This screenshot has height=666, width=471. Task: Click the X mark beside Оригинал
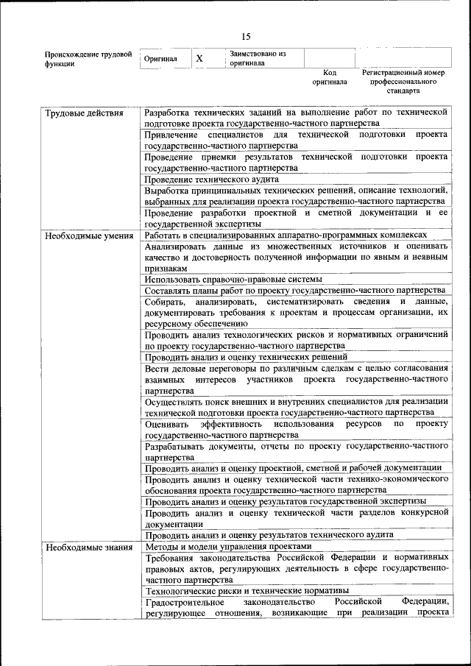(x=199, y=58)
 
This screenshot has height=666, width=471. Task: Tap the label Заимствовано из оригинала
(x=257, y=58)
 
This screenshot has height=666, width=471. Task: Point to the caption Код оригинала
(x=329, y=77)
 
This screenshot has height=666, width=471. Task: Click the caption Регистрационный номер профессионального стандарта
(x=403, y=82)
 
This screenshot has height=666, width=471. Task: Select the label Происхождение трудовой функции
(x=88, y=59)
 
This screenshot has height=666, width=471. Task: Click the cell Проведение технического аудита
(x=211, y=179)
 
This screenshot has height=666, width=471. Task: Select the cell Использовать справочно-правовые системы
(x=233, y=280)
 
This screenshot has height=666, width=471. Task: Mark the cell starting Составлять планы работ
(x=294, y=291)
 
